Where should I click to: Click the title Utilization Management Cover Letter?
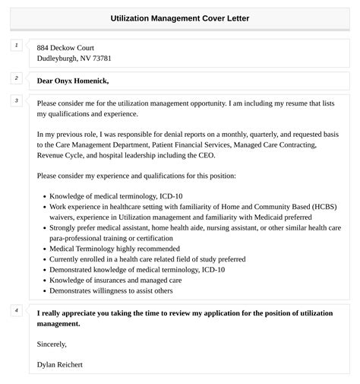coord(179,17)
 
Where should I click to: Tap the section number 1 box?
coord(16,46)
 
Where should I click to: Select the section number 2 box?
coord(16,78)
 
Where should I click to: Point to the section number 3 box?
coord(16,100)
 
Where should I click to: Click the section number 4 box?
coord(16,311)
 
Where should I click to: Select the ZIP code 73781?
coord(103,59)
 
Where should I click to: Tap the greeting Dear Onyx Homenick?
coord(73,81)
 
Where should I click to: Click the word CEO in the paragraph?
coord(205,155)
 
